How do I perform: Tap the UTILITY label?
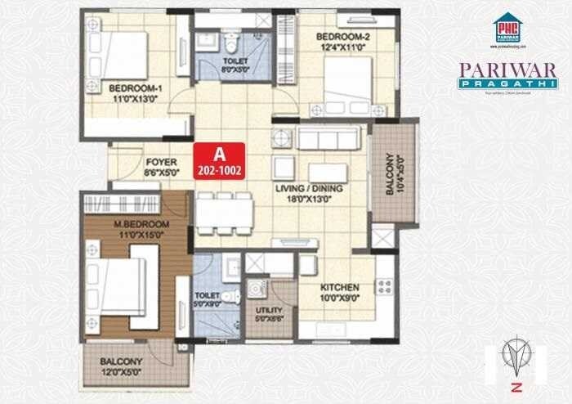[269, 311]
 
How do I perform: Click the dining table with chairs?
[224, 213]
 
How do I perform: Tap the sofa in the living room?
[328, 138]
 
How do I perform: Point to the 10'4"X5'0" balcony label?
[393, 174]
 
